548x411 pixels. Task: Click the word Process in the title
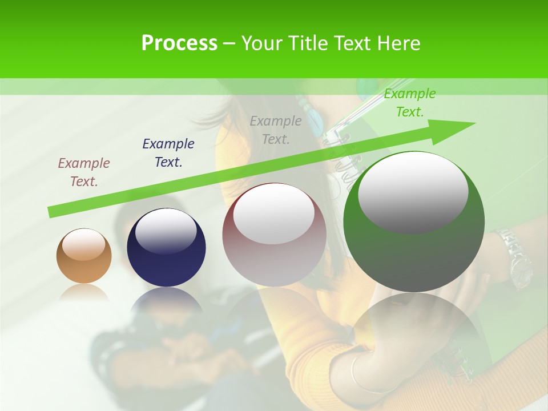point(179,43)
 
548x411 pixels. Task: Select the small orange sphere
point(84,256)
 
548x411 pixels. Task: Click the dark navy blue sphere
point(166,248)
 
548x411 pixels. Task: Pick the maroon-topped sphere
point(274,235)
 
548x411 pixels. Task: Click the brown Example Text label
point(83,172)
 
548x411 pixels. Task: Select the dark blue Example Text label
point(168,152)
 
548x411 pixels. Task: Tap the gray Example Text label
point(276,130)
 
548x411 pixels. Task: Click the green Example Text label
point(409,103)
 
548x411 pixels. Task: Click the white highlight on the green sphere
point(413,193)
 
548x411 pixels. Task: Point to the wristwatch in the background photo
point(514,257)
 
